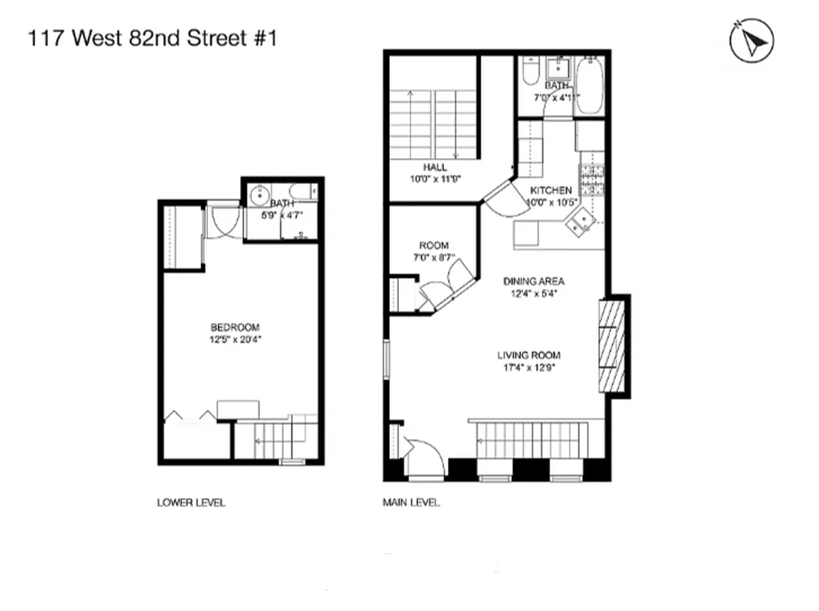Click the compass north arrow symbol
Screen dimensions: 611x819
pyautogui.click(x=753, y=42)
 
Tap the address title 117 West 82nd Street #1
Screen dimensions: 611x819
pyautogui.click(x=151, y=38)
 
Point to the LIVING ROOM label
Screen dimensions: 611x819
pyautogui.click(x=529, y=355)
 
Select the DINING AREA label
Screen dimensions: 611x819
pyautogui.click(x=533, y=281)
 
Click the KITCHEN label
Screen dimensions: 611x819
pyautogui.click(x=550, y=190)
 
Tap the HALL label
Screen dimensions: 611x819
pyautogui.click(x=436, y=167)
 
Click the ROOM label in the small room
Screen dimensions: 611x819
pyautogui.click(x=433, y=245)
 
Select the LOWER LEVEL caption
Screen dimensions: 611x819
pyautogui.click(x=191, y=503)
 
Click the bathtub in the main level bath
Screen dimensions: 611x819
pyautogui.click(x=589, y=86)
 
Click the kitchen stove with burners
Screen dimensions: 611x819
pyautogui.click(x=592, y=181)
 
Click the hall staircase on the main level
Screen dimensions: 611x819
pyautogui.click(x=433, y=124)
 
